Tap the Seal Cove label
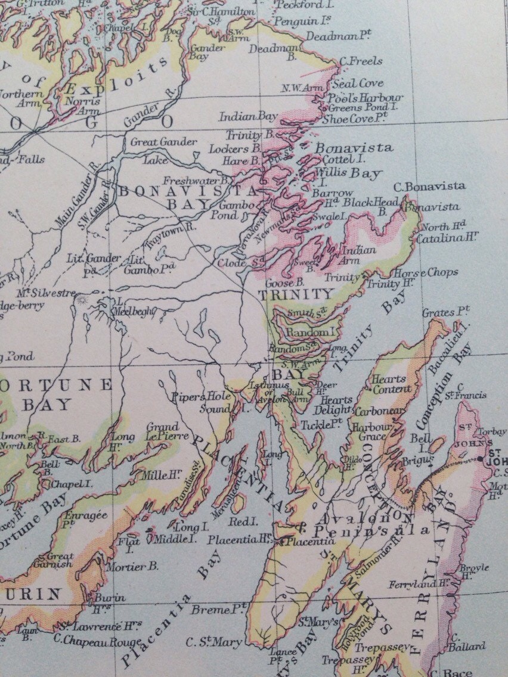358,83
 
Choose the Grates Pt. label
446,312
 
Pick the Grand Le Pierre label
162,431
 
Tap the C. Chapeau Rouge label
97,642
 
